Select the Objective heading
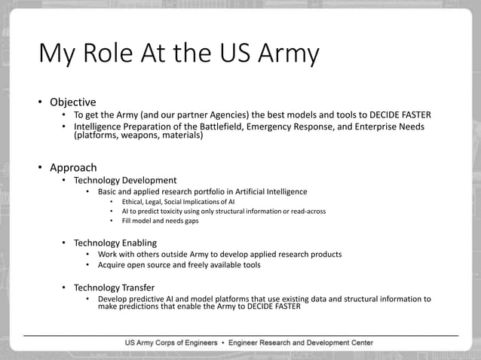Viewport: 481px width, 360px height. point(72,102)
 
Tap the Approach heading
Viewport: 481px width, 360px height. point(73,167)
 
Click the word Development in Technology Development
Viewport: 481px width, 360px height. point(149,181)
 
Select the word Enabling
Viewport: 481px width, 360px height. point(135,243)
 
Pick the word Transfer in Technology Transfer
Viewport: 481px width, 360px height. point(134,288)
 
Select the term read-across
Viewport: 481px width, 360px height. point(305,211)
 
